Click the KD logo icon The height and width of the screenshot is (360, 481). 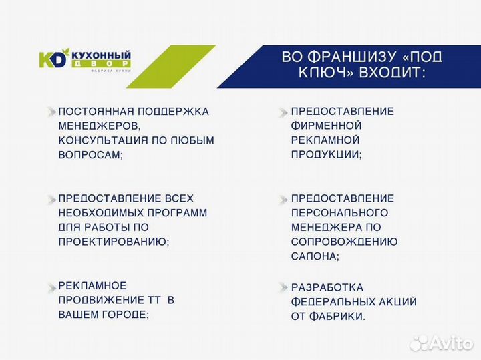pos(53,59)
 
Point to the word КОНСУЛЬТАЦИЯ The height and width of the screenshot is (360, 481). pos(100,140)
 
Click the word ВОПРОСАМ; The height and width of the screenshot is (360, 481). pos(91,154)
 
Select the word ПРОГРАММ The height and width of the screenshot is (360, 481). pos(178,212)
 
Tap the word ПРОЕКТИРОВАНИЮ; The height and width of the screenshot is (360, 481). pos(114,242)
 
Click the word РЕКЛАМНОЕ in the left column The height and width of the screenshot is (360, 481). pos(92,285)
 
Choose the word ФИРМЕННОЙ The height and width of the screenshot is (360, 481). pos(327,126)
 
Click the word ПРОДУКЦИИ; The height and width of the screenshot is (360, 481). pos(327,154)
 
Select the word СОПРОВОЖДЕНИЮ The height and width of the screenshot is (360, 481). pos(345,242)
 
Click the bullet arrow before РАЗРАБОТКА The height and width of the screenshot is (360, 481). pos(283,287)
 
